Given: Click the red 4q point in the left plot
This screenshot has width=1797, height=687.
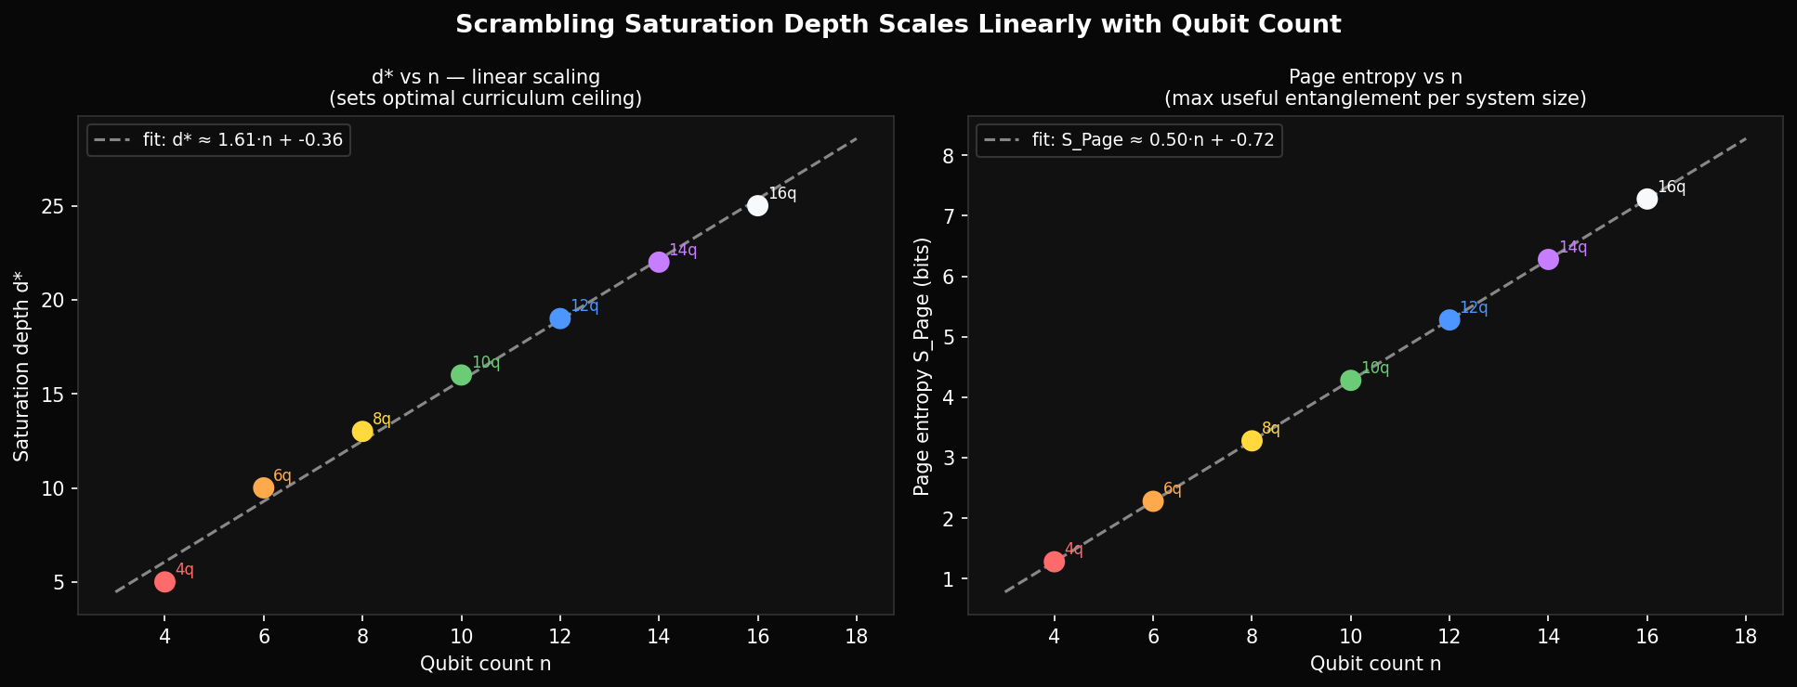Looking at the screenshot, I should tap(164, 582).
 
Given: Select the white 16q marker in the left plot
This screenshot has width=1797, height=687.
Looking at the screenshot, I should tap(757, 205).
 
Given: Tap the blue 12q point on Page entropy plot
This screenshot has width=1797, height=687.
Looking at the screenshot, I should tap(1449, 319).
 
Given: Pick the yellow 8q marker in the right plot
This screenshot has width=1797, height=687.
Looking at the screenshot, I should tap(1252, 441).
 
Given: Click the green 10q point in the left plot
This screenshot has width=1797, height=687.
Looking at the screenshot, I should tap(461, 375).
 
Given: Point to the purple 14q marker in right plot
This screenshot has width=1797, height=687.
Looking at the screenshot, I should tap(1548, 260).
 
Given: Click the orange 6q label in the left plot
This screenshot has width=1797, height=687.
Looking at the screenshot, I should tap(282, 476).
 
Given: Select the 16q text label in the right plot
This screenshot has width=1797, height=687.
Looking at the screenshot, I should tap(1672, 188).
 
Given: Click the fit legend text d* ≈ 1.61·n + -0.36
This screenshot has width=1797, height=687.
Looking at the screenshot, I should tap(243, 141).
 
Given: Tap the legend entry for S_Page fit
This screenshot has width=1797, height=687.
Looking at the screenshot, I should tap(1153, 141).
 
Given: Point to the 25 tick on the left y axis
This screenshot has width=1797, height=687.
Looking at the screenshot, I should tap(53, 206).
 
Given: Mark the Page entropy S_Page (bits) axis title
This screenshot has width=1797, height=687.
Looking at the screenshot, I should tap(922, 365).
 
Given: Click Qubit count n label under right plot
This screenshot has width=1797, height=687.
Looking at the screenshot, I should tap(1375, 664).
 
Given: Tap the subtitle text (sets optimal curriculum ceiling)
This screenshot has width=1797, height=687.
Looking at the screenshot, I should tap(486, 98).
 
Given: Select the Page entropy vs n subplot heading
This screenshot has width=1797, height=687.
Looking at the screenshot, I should tap(1375, 77).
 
